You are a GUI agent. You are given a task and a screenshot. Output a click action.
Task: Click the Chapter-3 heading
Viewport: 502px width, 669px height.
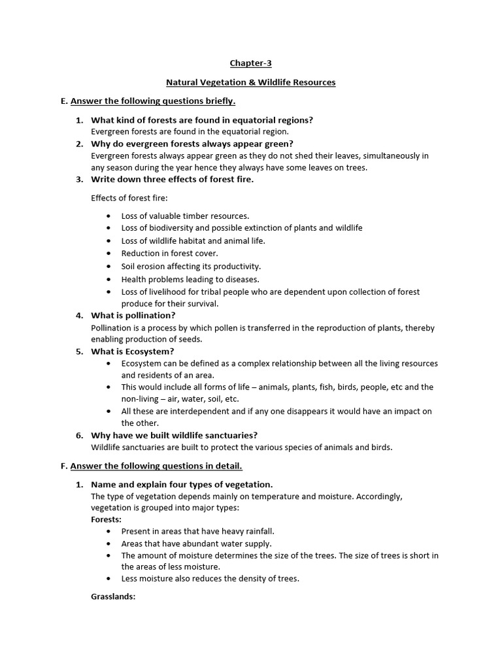click(250, 63)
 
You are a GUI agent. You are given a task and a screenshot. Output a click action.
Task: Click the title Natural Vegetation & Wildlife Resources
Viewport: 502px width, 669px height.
click(250, 82)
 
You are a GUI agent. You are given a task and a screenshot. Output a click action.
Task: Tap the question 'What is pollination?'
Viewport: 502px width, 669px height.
click(133, 316)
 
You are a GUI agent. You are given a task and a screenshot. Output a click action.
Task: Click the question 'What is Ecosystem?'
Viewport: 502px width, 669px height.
click(132, 351)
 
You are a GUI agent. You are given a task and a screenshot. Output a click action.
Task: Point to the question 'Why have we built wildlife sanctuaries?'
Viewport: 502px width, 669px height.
click(174, 435)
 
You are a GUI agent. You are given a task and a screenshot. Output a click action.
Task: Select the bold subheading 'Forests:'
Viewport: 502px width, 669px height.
click(106, 519)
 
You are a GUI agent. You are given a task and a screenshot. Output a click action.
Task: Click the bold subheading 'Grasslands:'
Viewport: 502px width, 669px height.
click(113, 596)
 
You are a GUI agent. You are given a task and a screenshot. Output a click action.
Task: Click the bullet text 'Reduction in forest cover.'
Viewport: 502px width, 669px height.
click(169, 253)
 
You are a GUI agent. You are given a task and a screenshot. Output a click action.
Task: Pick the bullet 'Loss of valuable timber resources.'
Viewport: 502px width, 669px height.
click(185, 216)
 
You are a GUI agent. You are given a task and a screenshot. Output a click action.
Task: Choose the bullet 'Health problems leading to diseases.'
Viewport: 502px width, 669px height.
click(190, 279)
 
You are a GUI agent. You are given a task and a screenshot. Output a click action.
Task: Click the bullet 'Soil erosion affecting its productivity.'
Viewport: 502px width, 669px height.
click(191, 266)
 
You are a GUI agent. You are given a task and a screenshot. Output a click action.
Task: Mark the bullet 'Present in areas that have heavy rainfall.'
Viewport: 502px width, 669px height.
click(197, 531)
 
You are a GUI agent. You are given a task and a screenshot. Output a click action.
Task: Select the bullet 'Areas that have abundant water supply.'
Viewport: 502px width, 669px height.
click(196, 544)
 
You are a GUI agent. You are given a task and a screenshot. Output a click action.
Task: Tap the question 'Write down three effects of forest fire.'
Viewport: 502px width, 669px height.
click(171, 179)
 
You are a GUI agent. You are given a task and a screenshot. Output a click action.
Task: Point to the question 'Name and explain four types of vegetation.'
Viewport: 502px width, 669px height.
click(181, 484)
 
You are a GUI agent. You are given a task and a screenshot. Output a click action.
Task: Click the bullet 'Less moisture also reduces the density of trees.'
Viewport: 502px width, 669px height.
click(210, 578)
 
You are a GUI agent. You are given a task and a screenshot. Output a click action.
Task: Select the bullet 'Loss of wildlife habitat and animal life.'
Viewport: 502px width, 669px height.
click(193, 240)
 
